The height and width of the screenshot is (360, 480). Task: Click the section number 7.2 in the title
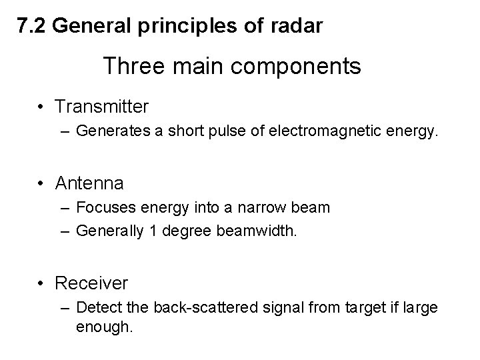[x=31, y=26]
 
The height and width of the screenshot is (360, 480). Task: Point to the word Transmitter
[x=102, y=106]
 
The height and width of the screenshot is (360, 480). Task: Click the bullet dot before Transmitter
[x=41, y=107]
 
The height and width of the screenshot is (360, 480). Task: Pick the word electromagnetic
[x=353, y=132]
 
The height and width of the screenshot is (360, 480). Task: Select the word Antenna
[x=90, y=182]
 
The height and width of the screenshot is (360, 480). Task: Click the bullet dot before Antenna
[x=41, y=183]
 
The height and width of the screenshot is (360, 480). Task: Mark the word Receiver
[x=91, y=283]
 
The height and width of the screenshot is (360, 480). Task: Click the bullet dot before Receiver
[x=41, y=283]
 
